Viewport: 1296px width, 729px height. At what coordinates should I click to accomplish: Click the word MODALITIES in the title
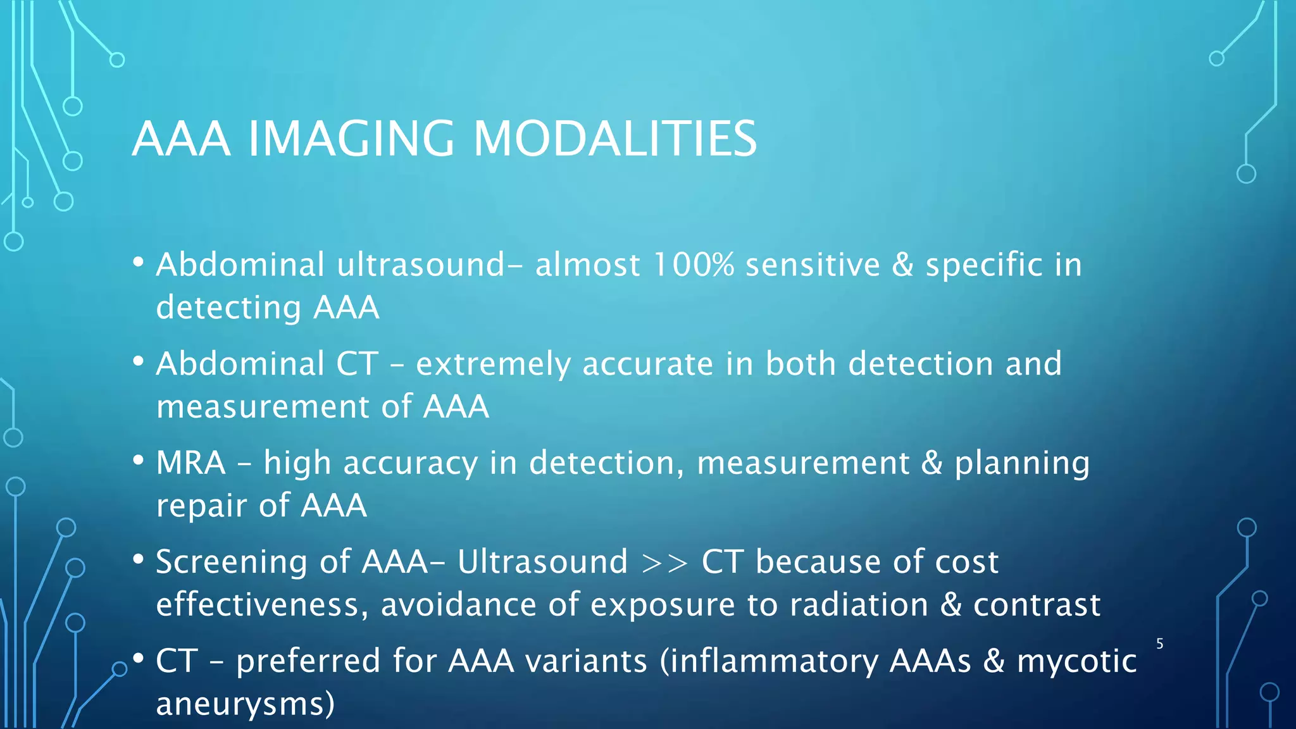[614, 139]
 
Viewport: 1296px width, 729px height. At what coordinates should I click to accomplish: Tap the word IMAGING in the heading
[351, 139]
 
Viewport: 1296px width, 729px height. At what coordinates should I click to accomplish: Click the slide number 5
[1160, 644]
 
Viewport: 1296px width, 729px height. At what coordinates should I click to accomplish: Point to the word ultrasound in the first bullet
[421, 265]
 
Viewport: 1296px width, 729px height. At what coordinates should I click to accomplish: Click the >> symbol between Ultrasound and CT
[664, 563]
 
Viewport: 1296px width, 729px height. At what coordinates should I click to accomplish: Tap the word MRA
[190, 463]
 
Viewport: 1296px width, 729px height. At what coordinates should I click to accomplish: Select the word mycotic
[1076, 661]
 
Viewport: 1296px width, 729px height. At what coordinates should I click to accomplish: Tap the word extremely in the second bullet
[493, 364]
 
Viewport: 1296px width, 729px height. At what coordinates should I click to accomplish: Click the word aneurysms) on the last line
[246, 704]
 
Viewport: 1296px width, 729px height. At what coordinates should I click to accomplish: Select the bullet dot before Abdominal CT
[139, 362]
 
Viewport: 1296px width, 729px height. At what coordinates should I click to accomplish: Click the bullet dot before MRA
[139, 461]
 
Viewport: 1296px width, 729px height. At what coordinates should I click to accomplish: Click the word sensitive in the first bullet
[813, 265]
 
